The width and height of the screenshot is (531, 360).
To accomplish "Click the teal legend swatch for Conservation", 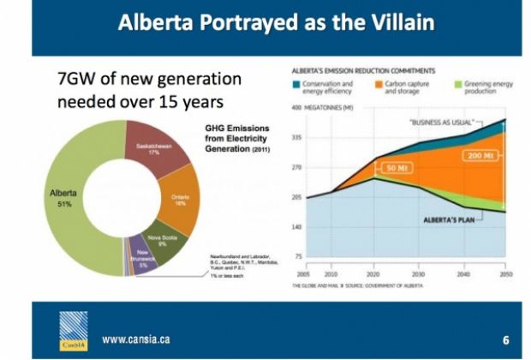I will (x=296, y=84).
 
